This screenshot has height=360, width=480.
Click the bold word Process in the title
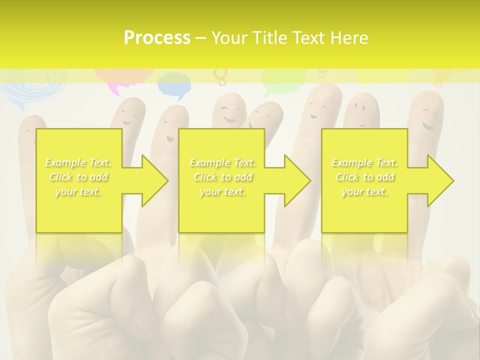[x=157, y=38]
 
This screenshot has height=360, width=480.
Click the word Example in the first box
[x=65, y=162]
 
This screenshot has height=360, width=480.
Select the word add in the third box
[x=385, y=177]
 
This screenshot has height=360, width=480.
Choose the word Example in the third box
[x=352, y=162]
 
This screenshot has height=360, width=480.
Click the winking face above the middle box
[x=230, y=113]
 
